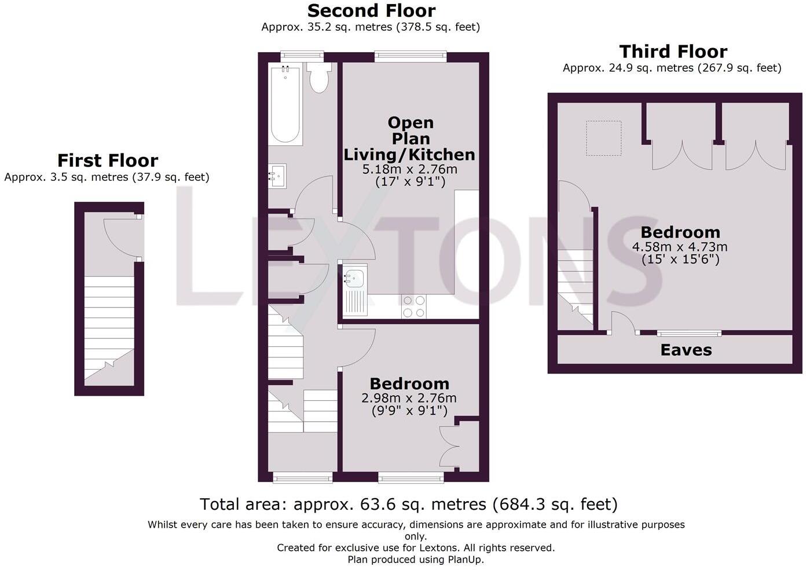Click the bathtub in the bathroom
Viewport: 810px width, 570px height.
[285, 104]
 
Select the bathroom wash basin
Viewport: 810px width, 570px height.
[277, 176]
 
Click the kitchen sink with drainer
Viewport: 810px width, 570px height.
[354, 291]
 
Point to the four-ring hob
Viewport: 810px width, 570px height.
[414, 306]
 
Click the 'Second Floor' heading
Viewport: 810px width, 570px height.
[371, 11]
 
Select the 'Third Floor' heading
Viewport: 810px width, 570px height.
[673, 52]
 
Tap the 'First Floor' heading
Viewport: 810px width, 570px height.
[107, 160]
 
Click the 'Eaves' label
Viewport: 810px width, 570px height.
[686, 350]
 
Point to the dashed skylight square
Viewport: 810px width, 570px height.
[603, 138]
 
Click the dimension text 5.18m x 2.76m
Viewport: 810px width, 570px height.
[409, 170]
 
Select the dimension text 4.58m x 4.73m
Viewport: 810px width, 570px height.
[680, 247]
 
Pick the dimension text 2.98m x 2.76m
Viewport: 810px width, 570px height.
[409, 399]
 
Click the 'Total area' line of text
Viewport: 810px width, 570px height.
[408, 505]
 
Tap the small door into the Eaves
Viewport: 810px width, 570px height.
[621, 323]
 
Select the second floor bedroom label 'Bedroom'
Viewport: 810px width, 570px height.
[409, 383]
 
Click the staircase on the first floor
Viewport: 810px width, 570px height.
[109, 327]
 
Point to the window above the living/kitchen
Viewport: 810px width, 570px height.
[411, 56]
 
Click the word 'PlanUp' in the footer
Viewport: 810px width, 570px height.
[465, 560]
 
